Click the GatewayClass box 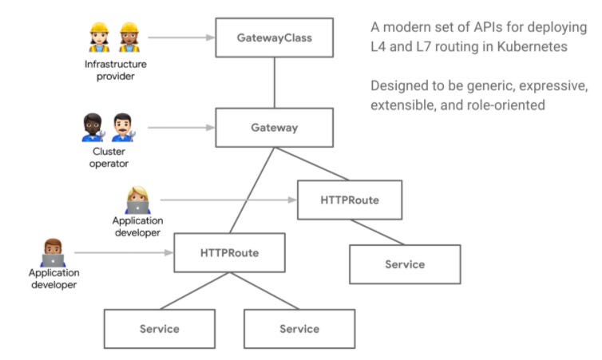[x=274, y=37]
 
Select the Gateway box [x=274, y=127]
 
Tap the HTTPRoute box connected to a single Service [x=349, y=200]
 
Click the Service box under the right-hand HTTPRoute [x=404, y=264]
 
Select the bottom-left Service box [x=159, y=328]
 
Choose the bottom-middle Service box [x=299, y=328]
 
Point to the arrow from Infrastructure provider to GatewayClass [x=182, y=37]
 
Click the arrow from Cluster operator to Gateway [x=182, y=127]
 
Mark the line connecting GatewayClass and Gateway [x=274, y=81]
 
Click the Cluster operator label [x=109, y=158]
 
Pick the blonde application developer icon [x=137, y=200]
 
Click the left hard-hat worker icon [x=100, y=38]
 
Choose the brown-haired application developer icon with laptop [x=53, y=252]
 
